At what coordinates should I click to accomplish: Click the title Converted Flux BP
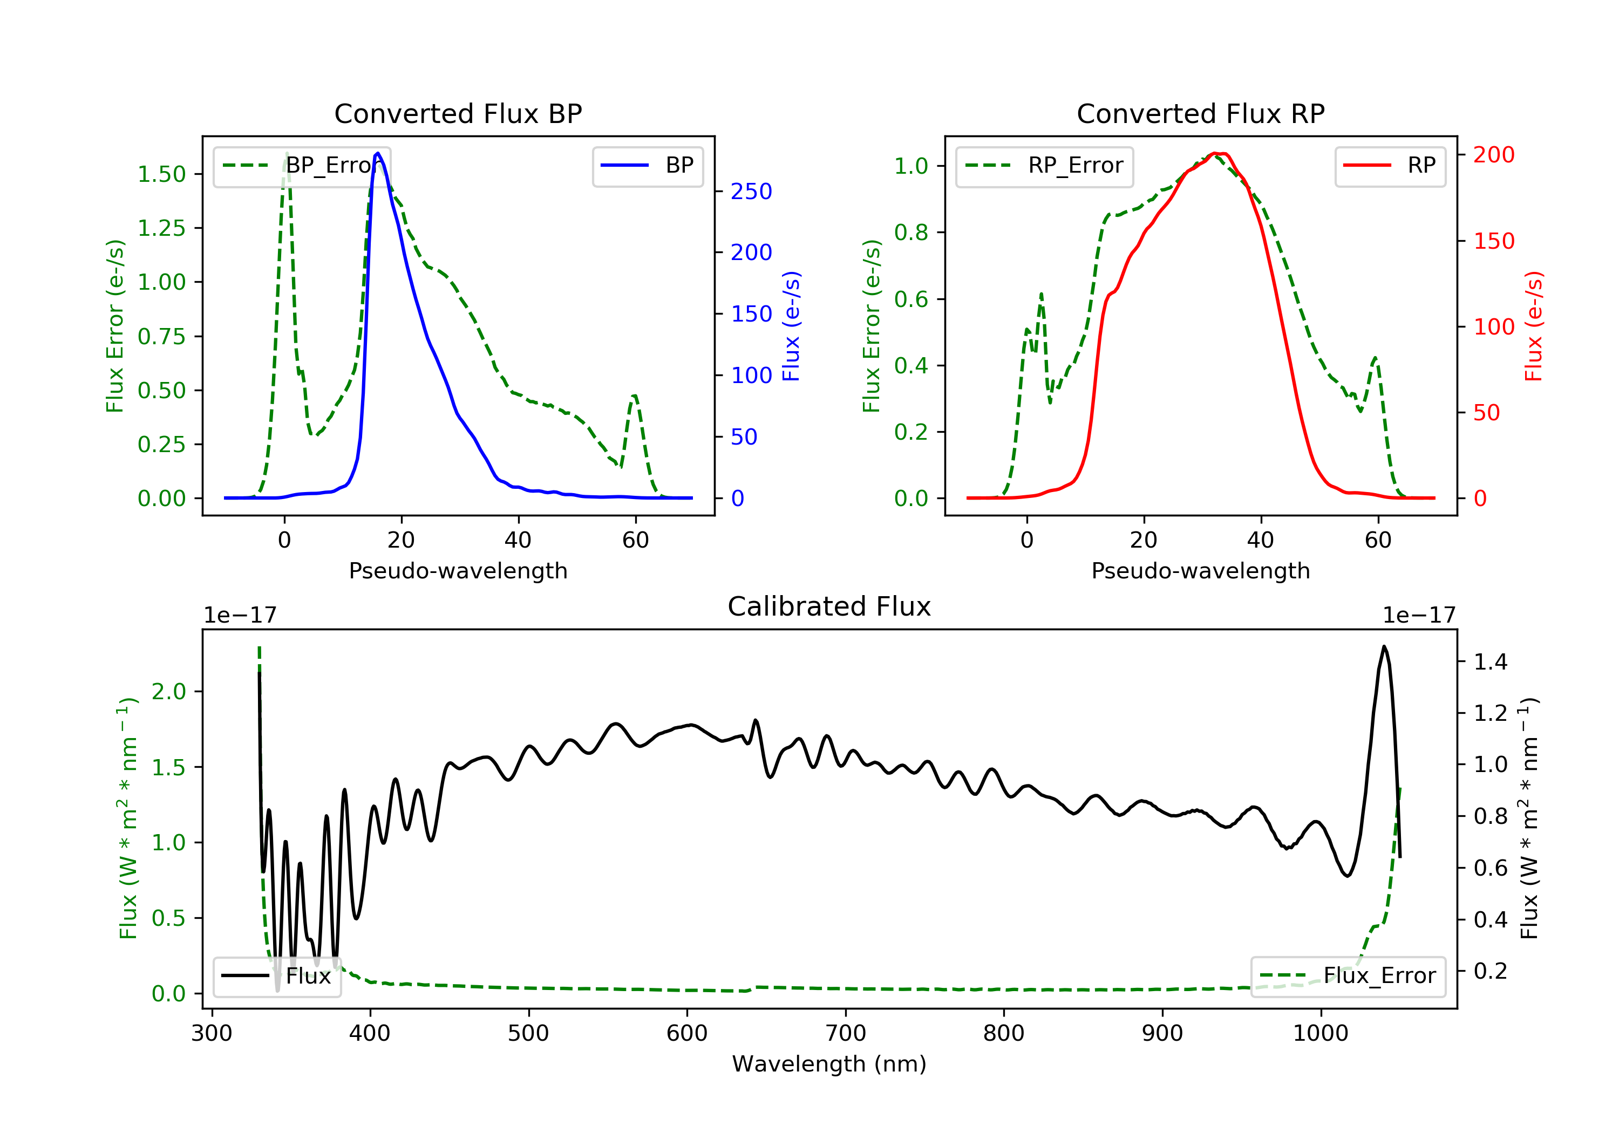(x=458, y=113)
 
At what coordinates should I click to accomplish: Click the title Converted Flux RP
(x=1200, y=113)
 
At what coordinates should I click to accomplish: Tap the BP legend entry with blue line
(x=648, y=166)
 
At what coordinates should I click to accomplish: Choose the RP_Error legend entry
(x=1044, y=166)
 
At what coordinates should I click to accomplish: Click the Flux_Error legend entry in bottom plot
(x=1348, y=976)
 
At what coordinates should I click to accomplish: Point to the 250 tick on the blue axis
(x=751, y=192)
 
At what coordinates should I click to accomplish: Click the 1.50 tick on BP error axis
(x=161, y=174)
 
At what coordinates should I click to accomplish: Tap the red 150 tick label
(x=1493, y=241)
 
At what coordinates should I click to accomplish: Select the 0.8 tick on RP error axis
(x=911, y=233)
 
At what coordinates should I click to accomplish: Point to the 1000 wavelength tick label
(x=1320, y=1034)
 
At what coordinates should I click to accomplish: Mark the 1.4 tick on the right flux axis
(x=1491, y=662)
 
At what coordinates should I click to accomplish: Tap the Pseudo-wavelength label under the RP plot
(x=1200, y=571)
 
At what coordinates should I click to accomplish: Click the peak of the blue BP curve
(x=378, y=153)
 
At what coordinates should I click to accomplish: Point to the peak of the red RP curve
(x=1215, y=153)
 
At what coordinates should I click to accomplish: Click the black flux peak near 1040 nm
(x=1384, y=646)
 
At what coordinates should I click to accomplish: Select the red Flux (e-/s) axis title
(x=1534, y=326)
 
